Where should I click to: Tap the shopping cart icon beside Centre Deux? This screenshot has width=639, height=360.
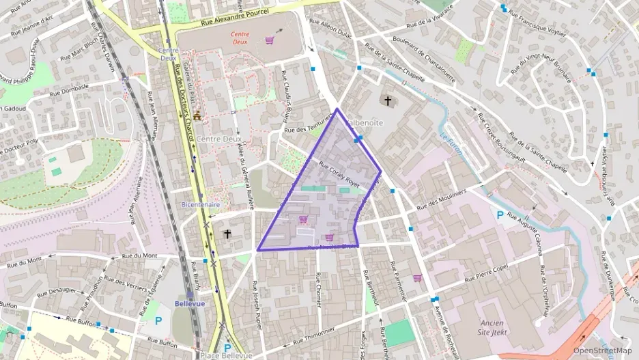click(270, 40)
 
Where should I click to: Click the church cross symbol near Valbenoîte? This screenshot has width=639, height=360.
click(388, 101)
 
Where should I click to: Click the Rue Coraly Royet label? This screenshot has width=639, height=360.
click(339, 174)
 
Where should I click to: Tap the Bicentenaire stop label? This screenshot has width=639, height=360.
click(200, 204)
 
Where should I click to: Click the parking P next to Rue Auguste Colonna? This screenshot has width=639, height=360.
click(500, 215)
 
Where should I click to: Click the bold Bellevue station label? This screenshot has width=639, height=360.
click(190, 303)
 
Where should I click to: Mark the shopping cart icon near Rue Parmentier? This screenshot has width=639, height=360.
click(417, 278)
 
